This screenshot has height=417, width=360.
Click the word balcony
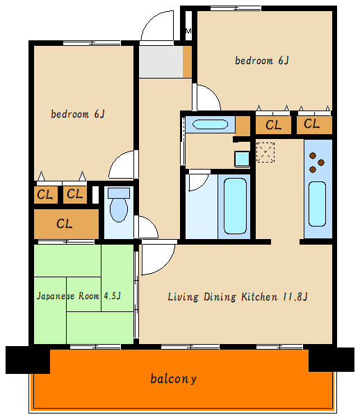tap(173, 379)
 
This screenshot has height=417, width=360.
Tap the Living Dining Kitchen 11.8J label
tap(238, 297)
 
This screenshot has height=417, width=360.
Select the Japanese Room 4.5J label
tap(79, 296)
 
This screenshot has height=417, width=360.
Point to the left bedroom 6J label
tap(78, 114)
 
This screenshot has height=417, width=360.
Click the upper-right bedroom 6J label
tap(262, 60)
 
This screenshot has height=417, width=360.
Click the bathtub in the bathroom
tap(235, 206)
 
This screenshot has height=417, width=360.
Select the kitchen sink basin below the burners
tap(317, 204)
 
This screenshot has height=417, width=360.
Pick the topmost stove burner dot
tap(313, 156)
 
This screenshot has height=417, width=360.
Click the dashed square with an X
tap(265, 152)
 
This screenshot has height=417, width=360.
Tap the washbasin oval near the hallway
tap(210, 124)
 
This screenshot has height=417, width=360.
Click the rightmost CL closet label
tap(311, 124)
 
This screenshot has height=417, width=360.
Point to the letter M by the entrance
tap(188, 31)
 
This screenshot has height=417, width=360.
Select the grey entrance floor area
tap(161, 62)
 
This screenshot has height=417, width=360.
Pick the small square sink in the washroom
tap(242, 158)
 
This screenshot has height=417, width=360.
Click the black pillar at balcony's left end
tap(28, 360)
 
